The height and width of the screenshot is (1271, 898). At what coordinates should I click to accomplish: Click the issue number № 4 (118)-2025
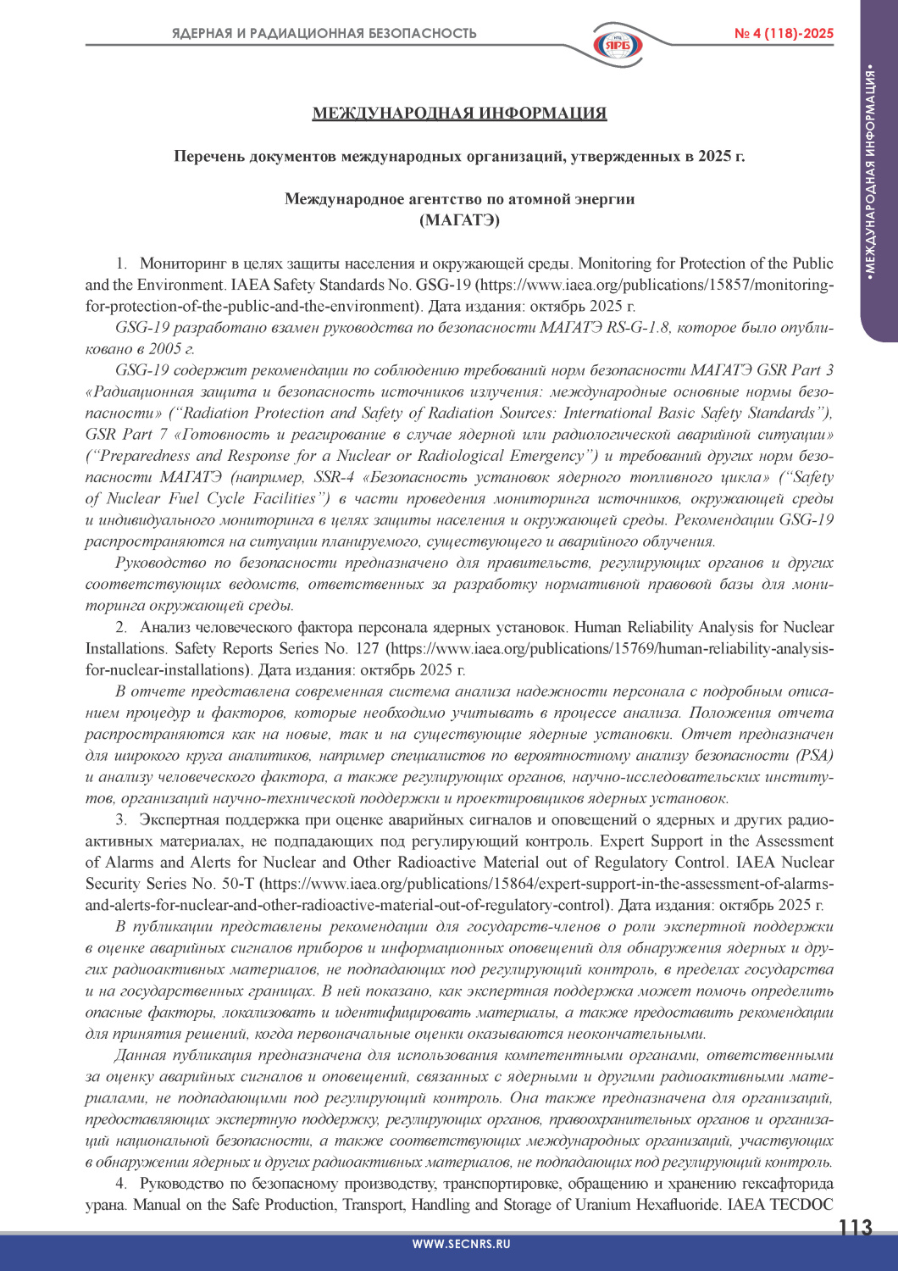(784, 34)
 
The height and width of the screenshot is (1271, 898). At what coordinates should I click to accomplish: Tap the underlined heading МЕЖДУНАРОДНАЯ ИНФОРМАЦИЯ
(459, 114)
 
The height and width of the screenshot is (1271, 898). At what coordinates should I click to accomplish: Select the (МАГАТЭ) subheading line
(459, 220)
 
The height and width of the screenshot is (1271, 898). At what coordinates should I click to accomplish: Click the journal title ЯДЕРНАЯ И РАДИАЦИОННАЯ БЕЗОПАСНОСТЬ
(324, 34)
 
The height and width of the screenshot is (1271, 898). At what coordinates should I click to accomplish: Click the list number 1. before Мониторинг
(121, 264)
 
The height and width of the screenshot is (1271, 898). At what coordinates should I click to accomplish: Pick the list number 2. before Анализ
(121, 628)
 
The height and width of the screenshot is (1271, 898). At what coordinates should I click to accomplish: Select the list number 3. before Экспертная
(121, 820)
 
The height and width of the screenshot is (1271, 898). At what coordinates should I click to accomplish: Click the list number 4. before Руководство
(121, 1184)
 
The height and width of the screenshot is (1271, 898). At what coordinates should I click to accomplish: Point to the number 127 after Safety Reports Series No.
(368, 649)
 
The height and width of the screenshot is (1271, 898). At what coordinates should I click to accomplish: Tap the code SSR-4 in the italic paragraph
(334, 478)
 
